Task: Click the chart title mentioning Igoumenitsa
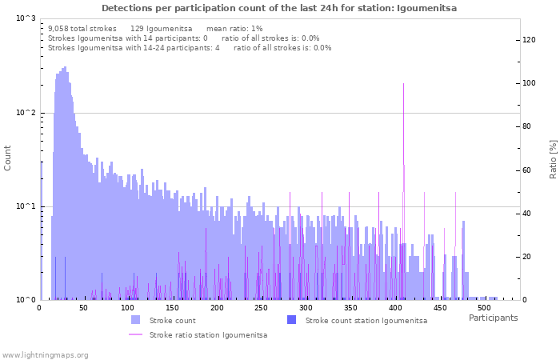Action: coord(279,8)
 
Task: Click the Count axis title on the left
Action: coord(8,158)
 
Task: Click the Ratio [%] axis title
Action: coord(552,158)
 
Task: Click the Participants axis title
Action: coord(493,318)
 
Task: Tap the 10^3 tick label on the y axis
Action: coord(26,18)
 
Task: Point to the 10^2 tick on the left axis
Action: coord(26,113)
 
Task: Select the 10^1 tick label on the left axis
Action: coord(26,206)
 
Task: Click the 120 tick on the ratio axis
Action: coord(529,40)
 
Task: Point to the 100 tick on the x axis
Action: coord(128,308)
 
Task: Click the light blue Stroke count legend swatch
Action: coord(135,320)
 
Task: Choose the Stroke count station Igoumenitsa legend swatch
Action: coord(291,320)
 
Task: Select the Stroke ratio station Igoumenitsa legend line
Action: coord(135,334)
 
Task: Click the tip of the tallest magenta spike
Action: coord(403,83)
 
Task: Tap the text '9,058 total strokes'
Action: coord(82,29)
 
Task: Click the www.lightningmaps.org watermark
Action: coord(45,354)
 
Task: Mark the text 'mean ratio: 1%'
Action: coord(234,29)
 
